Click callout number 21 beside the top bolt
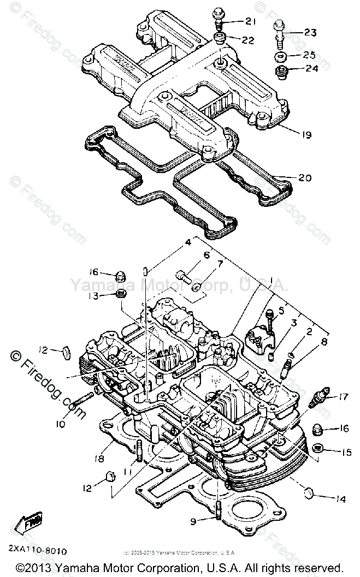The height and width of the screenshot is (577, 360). tap(251, 21)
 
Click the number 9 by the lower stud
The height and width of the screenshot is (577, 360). tap(193, 522)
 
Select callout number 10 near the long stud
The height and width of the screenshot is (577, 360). tap(60, 424)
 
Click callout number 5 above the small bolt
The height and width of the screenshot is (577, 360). tap(282, 311)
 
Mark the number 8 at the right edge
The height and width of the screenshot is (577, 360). tap(324, 343)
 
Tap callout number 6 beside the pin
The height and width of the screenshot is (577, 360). tap(207, 255)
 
